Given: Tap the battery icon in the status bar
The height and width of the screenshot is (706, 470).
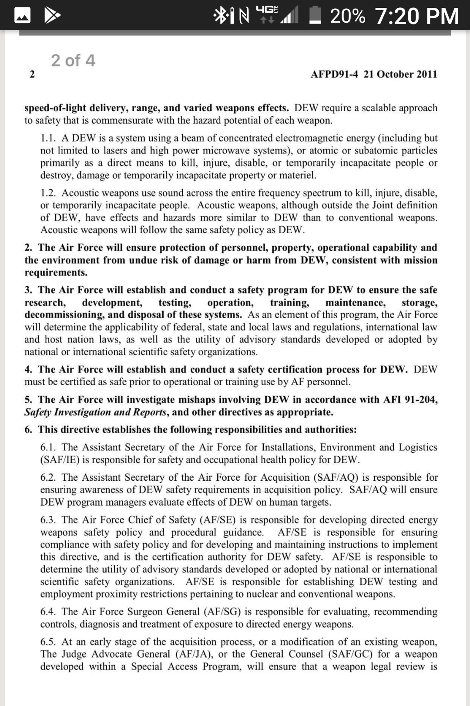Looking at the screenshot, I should tap(315, 16).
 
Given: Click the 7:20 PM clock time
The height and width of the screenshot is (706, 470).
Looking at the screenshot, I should tap(416, 16).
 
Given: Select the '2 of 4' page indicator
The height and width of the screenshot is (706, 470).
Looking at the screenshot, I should tap(73, 60).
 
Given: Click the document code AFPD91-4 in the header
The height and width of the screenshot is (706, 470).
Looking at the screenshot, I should tap(334, 74).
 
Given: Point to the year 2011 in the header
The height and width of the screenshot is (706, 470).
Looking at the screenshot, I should tap(427, 74).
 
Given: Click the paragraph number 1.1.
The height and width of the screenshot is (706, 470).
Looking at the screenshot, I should tap(48, 138).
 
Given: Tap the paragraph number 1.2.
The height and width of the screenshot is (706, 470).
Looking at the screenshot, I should tap(48, 193).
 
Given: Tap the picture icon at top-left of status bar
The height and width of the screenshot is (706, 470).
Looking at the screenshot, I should tap(23, 16).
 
